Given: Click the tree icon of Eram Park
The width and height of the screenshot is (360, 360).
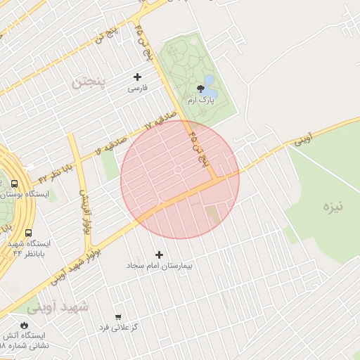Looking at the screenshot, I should click(x=202, y=90).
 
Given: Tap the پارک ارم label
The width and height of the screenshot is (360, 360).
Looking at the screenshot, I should click(x=202, y=103).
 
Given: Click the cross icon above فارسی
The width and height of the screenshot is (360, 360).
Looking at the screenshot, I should click(x=137, y=77).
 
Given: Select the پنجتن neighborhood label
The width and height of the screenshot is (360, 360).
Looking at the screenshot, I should click(x=86, y=82).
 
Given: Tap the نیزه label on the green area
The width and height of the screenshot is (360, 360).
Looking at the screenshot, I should click(x=333, y=207).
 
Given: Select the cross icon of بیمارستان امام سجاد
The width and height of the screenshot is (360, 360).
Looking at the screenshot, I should click(x=159, y=255).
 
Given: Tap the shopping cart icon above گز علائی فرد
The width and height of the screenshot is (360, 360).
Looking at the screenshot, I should click(x=117, y=317).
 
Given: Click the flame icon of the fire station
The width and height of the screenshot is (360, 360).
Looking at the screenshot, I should click(x=26, y=325).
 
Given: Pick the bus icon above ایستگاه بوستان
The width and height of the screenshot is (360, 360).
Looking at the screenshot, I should click(x=15, y=184).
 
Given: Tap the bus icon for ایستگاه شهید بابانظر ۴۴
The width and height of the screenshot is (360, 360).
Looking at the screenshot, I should click(x=29, y=233).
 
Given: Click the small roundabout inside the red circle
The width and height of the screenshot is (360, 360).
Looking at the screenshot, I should click(x=178, y=169).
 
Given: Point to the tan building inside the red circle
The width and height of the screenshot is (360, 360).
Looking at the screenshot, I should click(x=212, y=212).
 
